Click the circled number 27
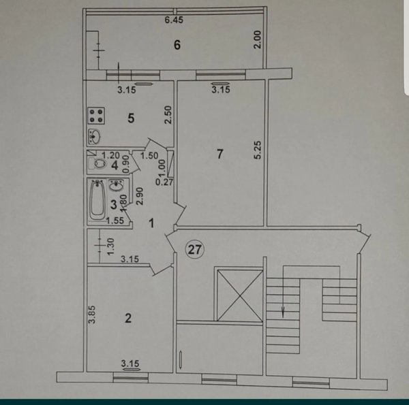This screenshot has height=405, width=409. pyautogui.click(x=194, y=250)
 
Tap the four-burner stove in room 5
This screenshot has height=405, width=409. pyautogui.click(x=96, y=116)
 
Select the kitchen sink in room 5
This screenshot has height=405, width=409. pyautogui.click(x=94, y=137)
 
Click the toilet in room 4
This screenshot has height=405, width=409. pyautogui.click(x=97, y=163)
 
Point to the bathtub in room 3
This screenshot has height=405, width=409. pyautogui.click(x=97, y=200)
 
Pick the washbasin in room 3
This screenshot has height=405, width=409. pyautogui.click(x=116, y=185)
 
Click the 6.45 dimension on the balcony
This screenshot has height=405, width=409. pyautogui.click(x=174, y=20)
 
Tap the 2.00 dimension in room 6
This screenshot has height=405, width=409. pyautogui.click(x=258, y=39)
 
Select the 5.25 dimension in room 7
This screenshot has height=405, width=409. pyautogui.click(x=258, y=150)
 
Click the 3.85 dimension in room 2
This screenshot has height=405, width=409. pyautogui.click(x=92, y=314)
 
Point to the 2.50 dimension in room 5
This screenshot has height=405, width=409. pyautogui.click(x=169, y=114)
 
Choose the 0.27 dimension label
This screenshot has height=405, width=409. pyautogui.click(x=164, y=182)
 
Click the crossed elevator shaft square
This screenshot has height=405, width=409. pyautogui.click(x=240, y=295)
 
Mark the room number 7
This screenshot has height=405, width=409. pyautogui.click(x=220, y=154)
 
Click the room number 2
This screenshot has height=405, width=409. pyautogui.click(x=128, y=318)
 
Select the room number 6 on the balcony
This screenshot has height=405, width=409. pyautogui.click(x=177, y=45)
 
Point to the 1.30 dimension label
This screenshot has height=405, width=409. pyautogui.click(x=110, y=246)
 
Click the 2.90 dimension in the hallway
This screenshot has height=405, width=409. pyautogui.click(x=140, y=196)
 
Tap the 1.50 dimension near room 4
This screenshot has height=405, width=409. pyautogui.click(x=149, y=155)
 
